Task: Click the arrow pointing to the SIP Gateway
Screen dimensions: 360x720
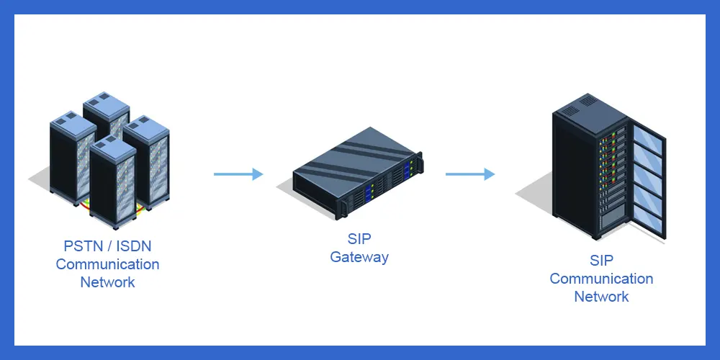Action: [238, 174]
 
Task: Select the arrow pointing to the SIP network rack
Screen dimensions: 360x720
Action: [470, 174]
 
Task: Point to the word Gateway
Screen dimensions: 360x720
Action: [359, 257]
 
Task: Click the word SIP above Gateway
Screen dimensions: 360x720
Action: [359, 239]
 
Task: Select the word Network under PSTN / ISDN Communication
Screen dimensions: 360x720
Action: [107, 282]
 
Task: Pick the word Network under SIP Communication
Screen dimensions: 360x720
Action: [601, 296]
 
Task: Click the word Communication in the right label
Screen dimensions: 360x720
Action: [601, 279]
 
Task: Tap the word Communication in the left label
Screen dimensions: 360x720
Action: [107, 264]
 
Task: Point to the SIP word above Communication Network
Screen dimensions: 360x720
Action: [601, 261]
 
